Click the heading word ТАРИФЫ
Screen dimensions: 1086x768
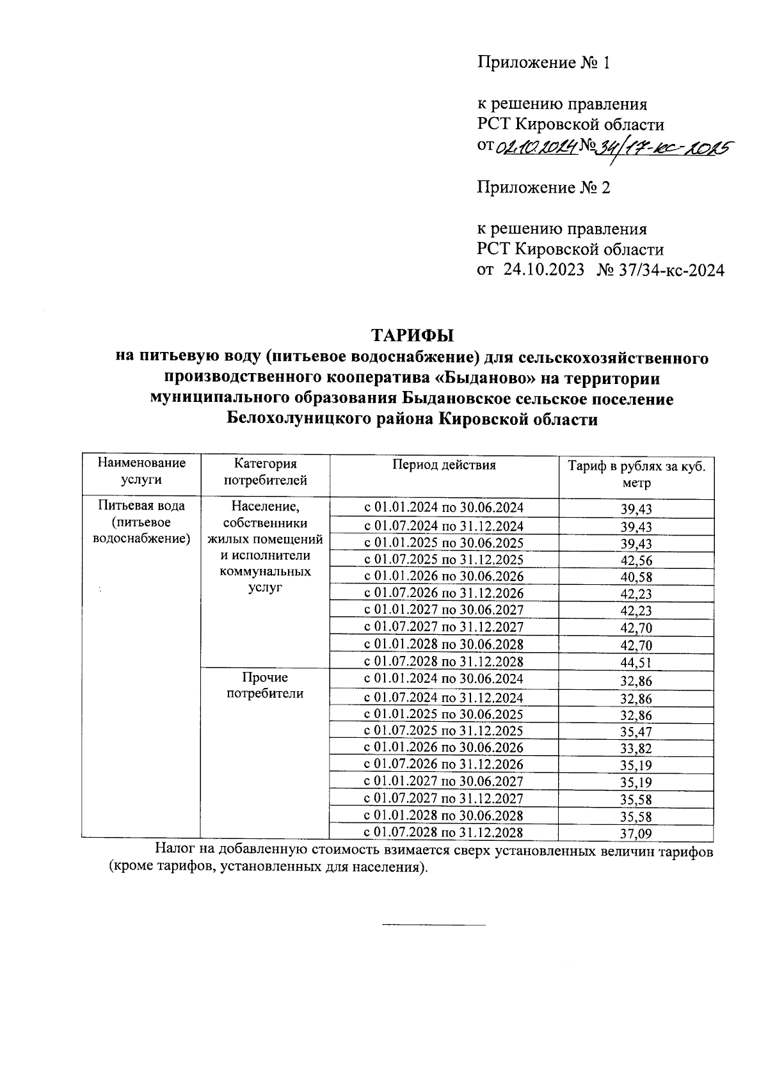coord(412,335)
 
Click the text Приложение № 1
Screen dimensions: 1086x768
coord(544,63)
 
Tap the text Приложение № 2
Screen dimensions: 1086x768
coord(544,188)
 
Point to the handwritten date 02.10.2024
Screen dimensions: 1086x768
coord(536,147)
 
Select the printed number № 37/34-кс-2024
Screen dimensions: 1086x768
coord(660,270)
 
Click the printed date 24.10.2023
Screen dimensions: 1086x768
coord(544,270)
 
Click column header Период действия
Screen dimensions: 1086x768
coord(444,465)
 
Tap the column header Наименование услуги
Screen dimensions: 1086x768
coord(141,471)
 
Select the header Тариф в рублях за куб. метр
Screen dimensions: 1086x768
coord(636,474)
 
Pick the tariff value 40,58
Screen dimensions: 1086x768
coord(636,577)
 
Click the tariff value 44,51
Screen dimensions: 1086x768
coord(636,662)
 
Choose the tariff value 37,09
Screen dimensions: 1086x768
coord(636,833)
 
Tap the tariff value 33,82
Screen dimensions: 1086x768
coord(636,748)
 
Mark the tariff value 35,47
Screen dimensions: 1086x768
coord(636,731)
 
